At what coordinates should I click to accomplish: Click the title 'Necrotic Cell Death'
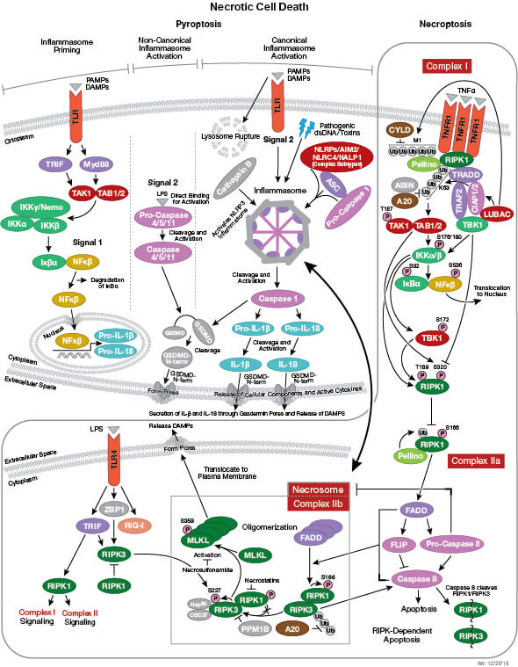pyautogui.click(x=259, y=9)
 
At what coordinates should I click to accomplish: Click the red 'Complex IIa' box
pyautogui.click(x=473, y=460)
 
